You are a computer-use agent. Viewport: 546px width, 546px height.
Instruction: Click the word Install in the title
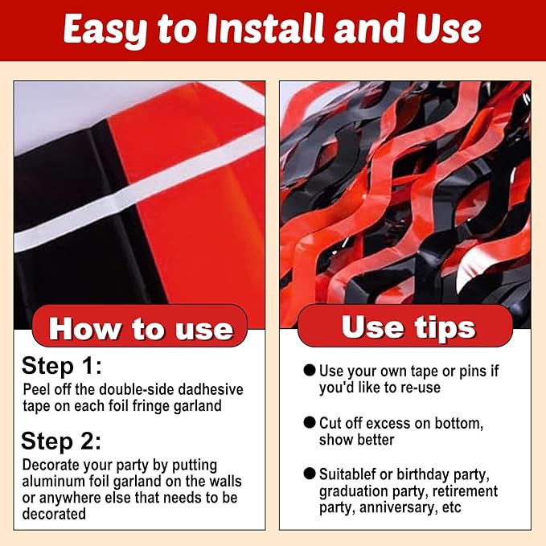265,29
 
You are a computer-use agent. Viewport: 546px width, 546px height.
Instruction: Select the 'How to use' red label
140,326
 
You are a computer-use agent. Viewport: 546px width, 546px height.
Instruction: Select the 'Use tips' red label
405,326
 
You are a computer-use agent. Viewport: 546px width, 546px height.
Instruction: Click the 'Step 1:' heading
62,366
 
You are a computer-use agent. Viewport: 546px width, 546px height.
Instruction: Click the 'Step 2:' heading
61,441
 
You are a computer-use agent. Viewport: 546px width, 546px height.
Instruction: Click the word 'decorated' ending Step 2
54,514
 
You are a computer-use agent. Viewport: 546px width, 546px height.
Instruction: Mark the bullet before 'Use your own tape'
310,370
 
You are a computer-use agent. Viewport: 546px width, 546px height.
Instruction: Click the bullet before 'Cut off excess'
310,422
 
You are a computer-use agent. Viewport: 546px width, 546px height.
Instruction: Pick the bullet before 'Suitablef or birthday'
310,474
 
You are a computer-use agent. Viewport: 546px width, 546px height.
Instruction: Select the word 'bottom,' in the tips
459,424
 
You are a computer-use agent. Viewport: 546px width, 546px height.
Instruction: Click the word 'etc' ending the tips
452,508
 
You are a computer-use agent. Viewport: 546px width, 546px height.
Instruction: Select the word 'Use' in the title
449,29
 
